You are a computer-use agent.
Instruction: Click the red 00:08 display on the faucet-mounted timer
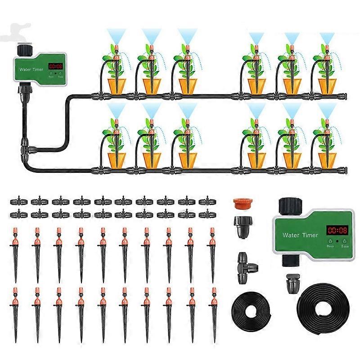coord(56,66)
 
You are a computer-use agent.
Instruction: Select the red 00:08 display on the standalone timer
coord(337,230)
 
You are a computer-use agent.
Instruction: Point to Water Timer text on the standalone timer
coord(300,235)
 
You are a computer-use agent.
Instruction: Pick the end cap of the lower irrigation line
coord(344,170)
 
